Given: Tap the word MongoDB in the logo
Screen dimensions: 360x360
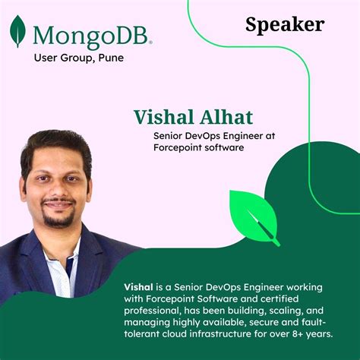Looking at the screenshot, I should click(x=92, y=34).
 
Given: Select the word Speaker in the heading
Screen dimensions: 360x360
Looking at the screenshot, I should click(x=285, y=25).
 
